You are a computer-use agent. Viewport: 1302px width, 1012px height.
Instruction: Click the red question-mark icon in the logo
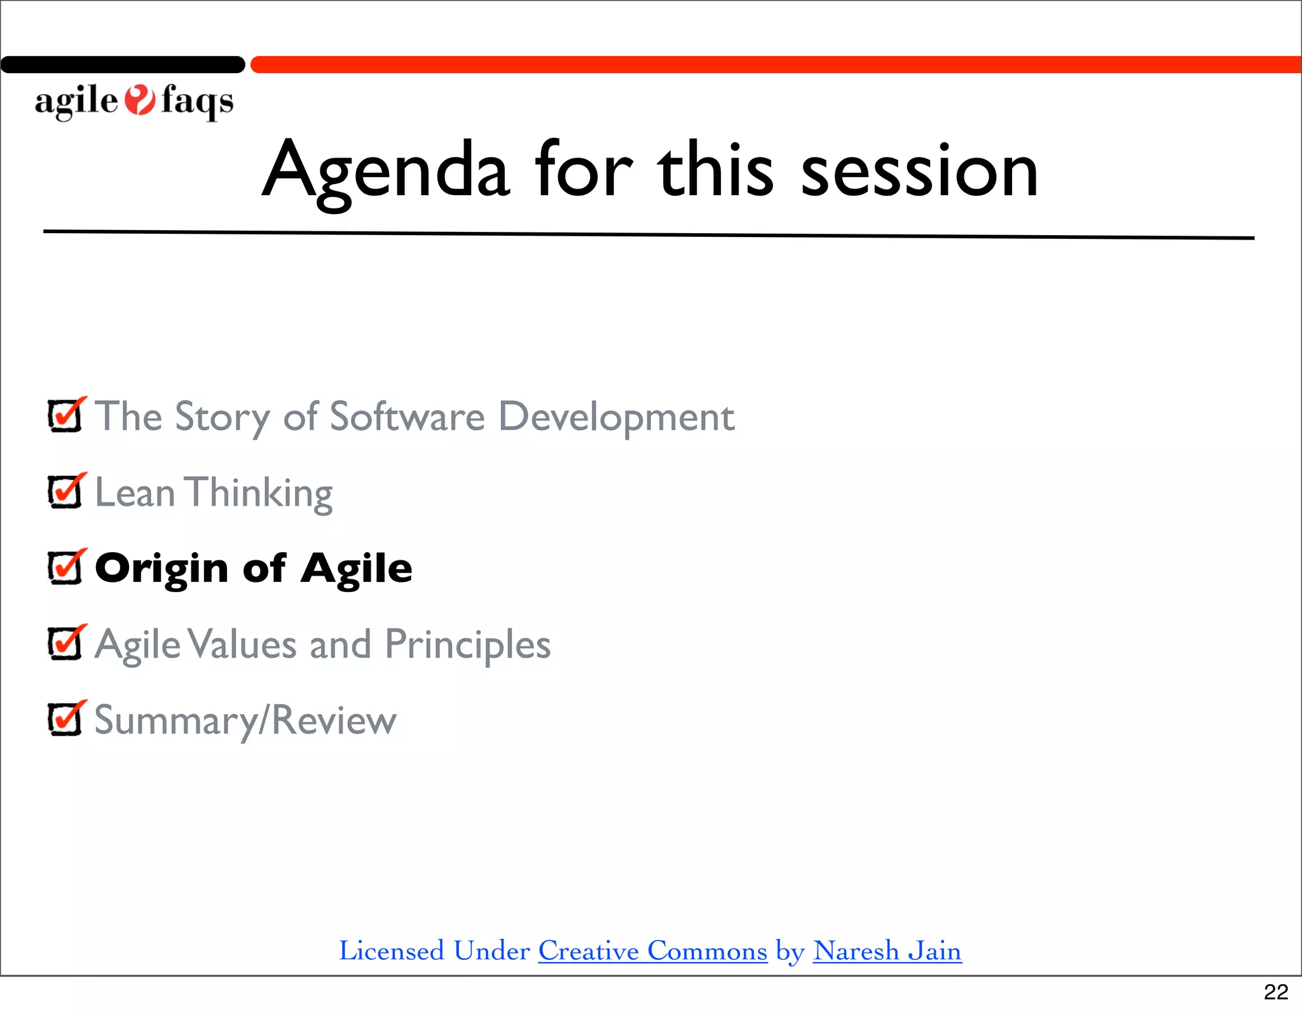(139, 100)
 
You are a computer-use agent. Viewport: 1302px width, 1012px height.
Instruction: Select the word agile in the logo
(76, 101)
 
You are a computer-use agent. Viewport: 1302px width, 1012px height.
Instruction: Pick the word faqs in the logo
(197, 101)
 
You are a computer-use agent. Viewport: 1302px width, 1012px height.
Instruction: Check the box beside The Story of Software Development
(65, 416)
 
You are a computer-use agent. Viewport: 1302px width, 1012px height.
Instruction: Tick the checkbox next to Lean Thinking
(65, 492)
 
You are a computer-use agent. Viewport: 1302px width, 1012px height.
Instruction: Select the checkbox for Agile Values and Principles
(65, 644)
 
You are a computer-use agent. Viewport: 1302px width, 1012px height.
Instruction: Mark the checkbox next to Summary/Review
(65, 719)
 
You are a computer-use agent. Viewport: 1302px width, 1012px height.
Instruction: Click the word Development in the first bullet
(616, 417)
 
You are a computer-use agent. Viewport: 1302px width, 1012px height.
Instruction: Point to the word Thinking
(259, 493)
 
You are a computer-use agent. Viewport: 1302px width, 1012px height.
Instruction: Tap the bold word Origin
(161, 568)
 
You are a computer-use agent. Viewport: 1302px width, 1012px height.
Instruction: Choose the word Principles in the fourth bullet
(467, 645)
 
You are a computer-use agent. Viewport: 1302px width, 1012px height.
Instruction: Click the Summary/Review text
(245, 720)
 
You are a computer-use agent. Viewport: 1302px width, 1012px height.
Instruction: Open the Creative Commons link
(652, 951)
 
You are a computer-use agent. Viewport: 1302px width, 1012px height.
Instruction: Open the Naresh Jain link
(887, 951)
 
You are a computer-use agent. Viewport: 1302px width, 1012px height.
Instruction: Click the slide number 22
(1275, 992)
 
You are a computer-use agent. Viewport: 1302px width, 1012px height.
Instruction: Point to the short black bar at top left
(122, 65)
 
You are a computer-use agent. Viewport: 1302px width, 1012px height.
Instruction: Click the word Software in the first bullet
(407, 417)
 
